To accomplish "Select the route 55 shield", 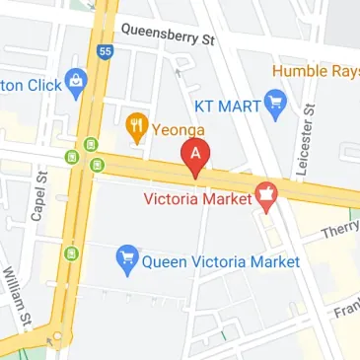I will [104, 49].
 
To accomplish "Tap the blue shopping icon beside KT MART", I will [276, 100].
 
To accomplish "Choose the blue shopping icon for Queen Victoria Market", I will [126, 261].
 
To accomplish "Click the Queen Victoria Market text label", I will [220, 261].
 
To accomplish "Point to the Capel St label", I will [40, 195].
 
